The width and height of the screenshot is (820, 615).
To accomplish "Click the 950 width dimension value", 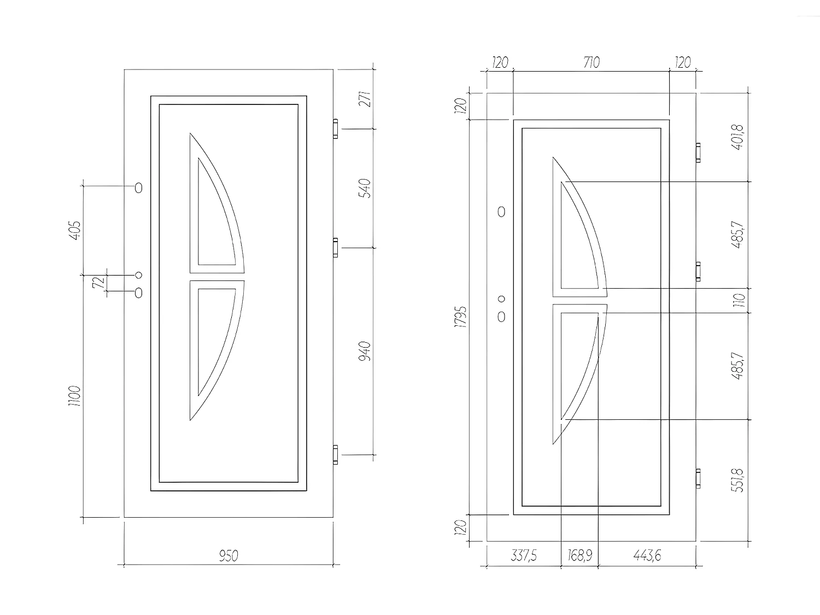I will (229, 557).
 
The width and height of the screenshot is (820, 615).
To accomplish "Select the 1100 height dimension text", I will (74, 396).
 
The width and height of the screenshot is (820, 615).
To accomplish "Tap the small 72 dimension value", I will (98, 283).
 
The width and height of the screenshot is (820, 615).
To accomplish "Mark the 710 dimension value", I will (591, 63).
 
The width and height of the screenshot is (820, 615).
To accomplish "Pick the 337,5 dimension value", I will (524, 557).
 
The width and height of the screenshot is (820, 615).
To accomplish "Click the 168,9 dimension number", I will (579, 557).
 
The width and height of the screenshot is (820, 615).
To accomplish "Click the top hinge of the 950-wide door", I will (336, 128).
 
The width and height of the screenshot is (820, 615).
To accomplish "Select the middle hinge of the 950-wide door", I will (336, 248).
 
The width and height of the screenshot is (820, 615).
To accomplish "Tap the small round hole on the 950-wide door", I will (138, 275).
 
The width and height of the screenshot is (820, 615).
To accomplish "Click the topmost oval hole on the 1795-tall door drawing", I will (501, 212).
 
